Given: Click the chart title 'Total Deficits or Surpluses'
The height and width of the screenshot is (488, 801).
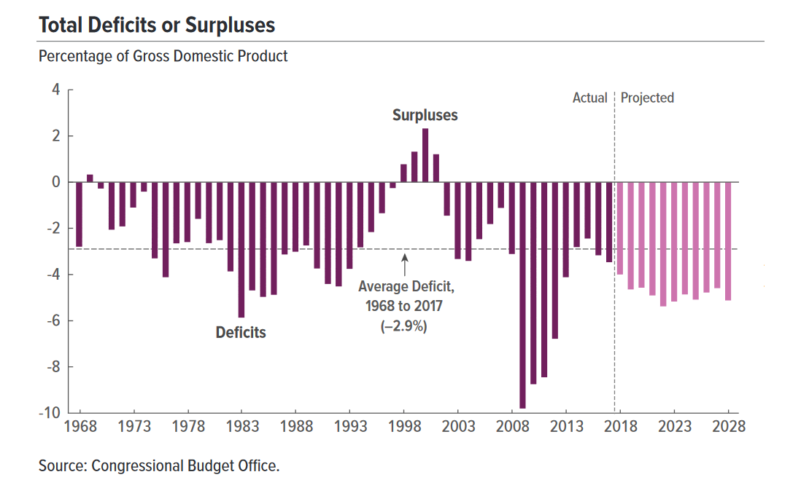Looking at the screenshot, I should (157, 25).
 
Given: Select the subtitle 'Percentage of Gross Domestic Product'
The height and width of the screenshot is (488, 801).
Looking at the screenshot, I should (163, 56).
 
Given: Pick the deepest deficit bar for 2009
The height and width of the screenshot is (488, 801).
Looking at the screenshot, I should (522, 295).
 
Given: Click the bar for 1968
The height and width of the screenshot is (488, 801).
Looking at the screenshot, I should (79, 214).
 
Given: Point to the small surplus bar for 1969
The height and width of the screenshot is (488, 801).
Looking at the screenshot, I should (90, 178).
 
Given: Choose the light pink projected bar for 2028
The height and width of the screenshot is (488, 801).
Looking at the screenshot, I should (727, 241).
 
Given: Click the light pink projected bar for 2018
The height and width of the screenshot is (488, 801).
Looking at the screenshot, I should (620, 228).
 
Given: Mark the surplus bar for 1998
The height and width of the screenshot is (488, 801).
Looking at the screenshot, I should (403, 173).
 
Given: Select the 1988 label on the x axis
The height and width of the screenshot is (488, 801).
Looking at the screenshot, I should (295, 427).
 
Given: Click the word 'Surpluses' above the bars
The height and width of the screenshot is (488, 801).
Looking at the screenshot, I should (425, 115).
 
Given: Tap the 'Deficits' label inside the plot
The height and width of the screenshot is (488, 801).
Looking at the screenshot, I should (241, 333).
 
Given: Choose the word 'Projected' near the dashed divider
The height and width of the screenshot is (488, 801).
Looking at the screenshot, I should (647, 98).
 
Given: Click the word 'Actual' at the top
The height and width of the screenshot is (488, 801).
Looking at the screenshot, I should (589, 98).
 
